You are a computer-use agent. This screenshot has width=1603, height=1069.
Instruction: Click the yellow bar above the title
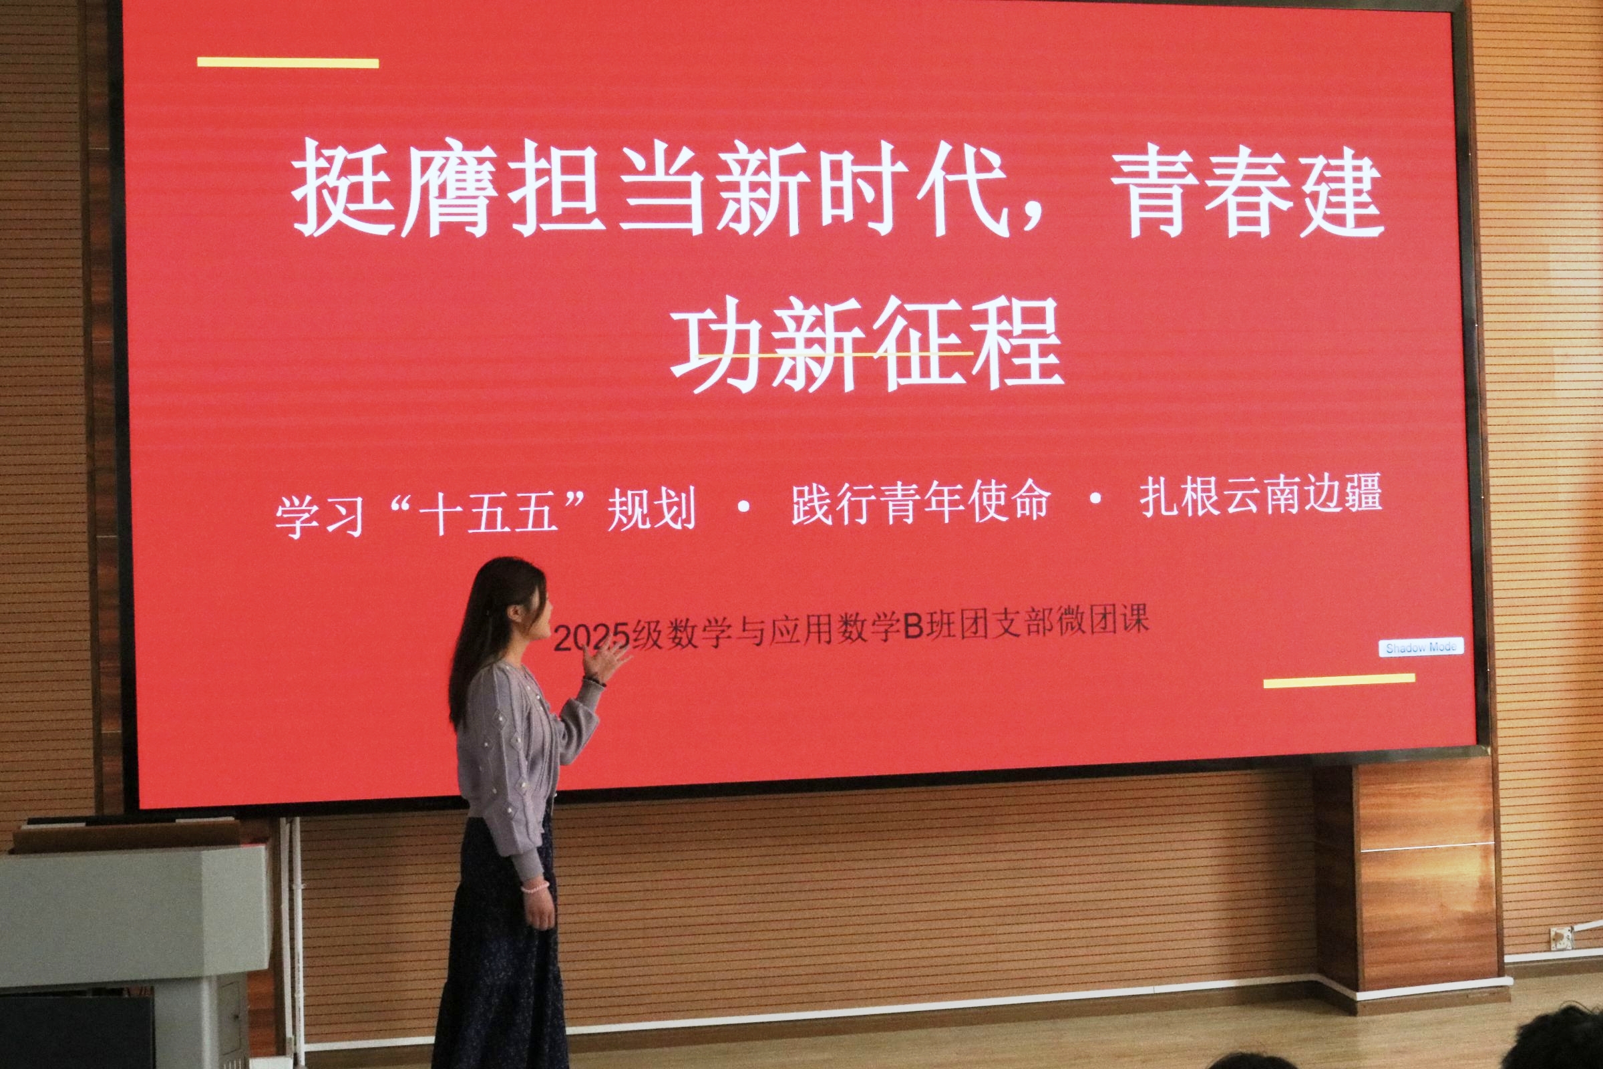[x=288, y=63]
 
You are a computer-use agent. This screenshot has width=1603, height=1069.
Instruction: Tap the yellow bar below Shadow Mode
[x=1339, y=679]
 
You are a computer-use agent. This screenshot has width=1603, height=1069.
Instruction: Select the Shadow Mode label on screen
[x=1421, y=647]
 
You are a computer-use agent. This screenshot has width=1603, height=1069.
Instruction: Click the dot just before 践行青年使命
[x=743, y=505]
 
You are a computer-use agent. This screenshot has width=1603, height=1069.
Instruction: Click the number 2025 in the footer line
[x=591, y=638]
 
